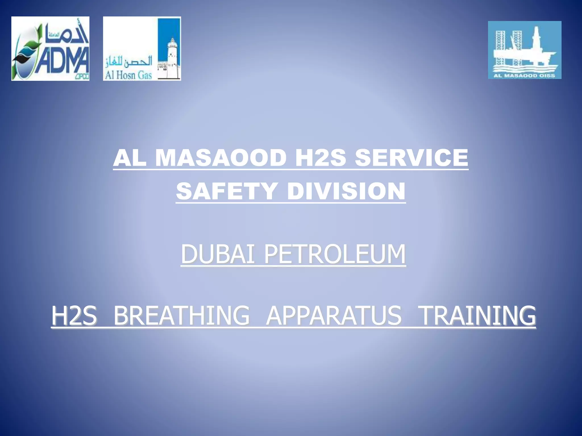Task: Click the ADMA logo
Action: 50,49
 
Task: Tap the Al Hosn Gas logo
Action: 142,49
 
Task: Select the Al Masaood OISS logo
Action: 525,50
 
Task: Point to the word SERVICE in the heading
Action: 411,158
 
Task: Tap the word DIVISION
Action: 346,191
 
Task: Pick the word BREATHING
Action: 181,315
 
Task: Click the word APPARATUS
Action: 334,315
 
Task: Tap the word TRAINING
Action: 477,315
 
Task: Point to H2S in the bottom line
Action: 74,315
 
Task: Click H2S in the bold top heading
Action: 321,158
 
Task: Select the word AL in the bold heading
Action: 130,158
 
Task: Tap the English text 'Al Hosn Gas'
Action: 128,75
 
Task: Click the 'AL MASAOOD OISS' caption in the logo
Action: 524,76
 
